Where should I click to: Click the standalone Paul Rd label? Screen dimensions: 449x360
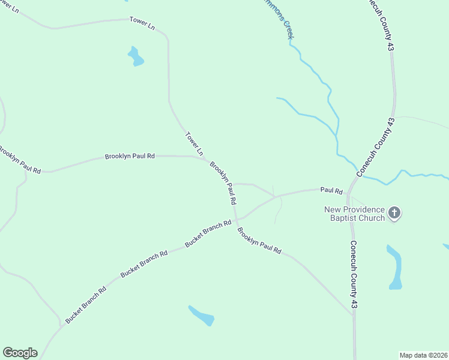click(x=331, y=190)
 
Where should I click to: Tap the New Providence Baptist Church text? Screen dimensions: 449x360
click(x=354, y=214)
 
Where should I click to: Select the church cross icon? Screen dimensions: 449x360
click(x=394, y=212)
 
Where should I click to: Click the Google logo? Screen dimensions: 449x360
click(x=20, y=353)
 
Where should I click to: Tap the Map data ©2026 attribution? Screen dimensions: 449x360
click(x=423, y=355)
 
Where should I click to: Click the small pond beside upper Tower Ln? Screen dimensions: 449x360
click(x=136, y=57)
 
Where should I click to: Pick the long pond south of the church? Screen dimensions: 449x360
click(x=395, y=267)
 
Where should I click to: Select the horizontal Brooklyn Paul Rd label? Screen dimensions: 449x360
click(x=130, y=156)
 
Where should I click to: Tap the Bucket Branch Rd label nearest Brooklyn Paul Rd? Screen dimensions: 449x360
click(x=208, y=234)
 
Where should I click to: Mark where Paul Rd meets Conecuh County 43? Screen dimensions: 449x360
click(x=349, y=191)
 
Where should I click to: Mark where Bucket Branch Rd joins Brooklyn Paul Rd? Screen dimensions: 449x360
click(x=237, y=220)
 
